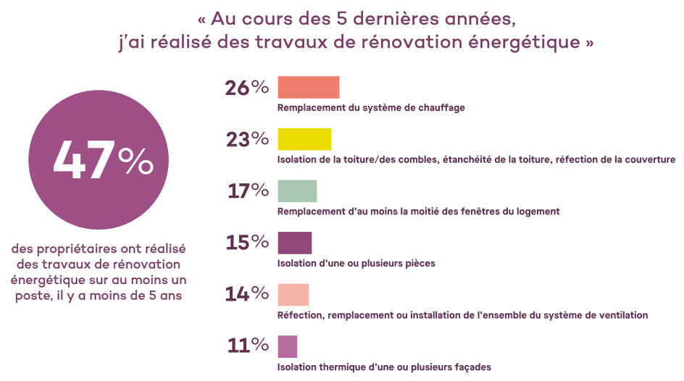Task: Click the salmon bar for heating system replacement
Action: click(x=309, y=87)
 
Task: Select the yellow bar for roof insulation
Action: click(x=304, y=139)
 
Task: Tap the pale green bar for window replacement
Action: click(x=297, y=190)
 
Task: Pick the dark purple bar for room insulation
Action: click(x=294, y=243)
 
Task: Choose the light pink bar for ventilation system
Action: click(x=293, y=294)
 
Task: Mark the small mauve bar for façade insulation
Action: click(x=287, y=346)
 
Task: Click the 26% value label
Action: click(x=247, y=88)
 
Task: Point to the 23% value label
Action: click(x=247, y=140)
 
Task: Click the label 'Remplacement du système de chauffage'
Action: click(x=371, y=108)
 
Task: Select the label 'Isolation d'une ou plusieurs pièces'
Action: click(x=356, y=264)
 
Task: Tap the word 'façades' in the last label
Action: click(x=473, y=367)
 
